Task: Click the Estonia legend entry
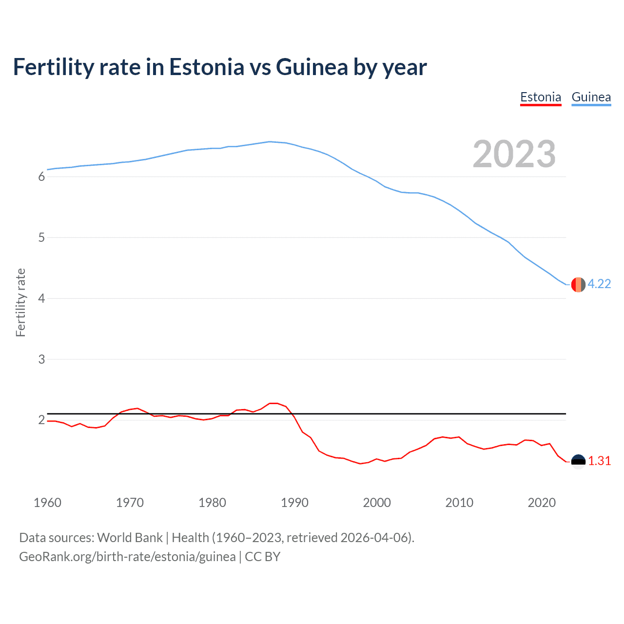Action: pyautogui.click(x=541, y=97)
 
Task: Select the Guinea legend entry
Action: pyautogui.click(x=591, y=97)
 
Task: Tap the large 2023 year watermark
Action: pyautogui.click(x=514, y=154)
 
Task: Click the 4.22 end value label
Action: pyautogui.click(x=599, y=284)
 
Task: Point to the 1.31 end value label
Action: pyautogui.click(x=599, y=461)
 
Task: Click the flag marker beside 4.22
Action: pyautogui.click(x=578, y=285)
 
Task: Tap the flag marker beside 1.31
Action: pyautogui.click(x=578, y=461)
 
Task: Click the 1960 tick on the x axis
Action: pyautogui.click(x=47, y=503)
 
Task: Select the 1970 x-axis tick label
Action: pyautogui.click(x=130, y=503)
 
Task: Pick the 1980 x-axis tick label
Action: pyautogui.click(x=212, y=503)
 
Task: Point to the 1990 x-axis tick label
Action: pyautogui.click(x=294, y=503)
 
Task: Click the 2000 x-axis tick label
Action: pyautogui.click(x=377, y=503)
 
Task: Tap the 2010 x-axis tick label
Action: pyautogui.click(x=459, y=503)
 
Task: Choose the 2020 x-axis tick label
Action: pyautogui.click(x=542, y=503)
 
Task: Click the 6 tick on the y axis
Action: pyautogui.click(x=41, y=177)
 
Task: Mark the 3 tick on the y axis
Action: pyautogui.click(x=41, y=359)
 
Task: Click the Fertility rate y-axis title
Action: pyautogui.click(x=20, y=302)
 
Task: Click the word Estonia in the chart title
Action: pyautogui.click(x=206, y=67)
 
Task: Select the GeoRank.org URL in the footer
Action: pyautogui.click(x=127, y=557)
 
